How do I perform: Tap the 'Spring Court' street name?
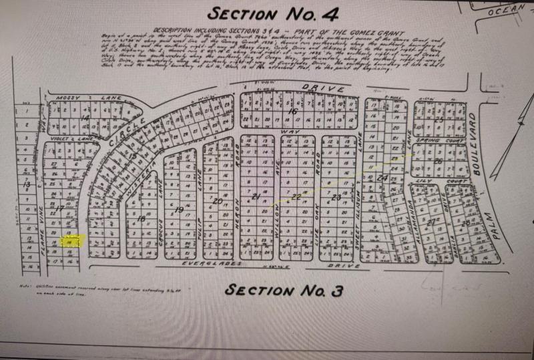coord(430,142)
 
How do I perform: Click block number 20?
coord(218,200)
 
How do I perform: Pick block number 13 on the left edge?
coord(27,183)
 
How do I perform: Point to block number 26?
coord(439,161)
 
